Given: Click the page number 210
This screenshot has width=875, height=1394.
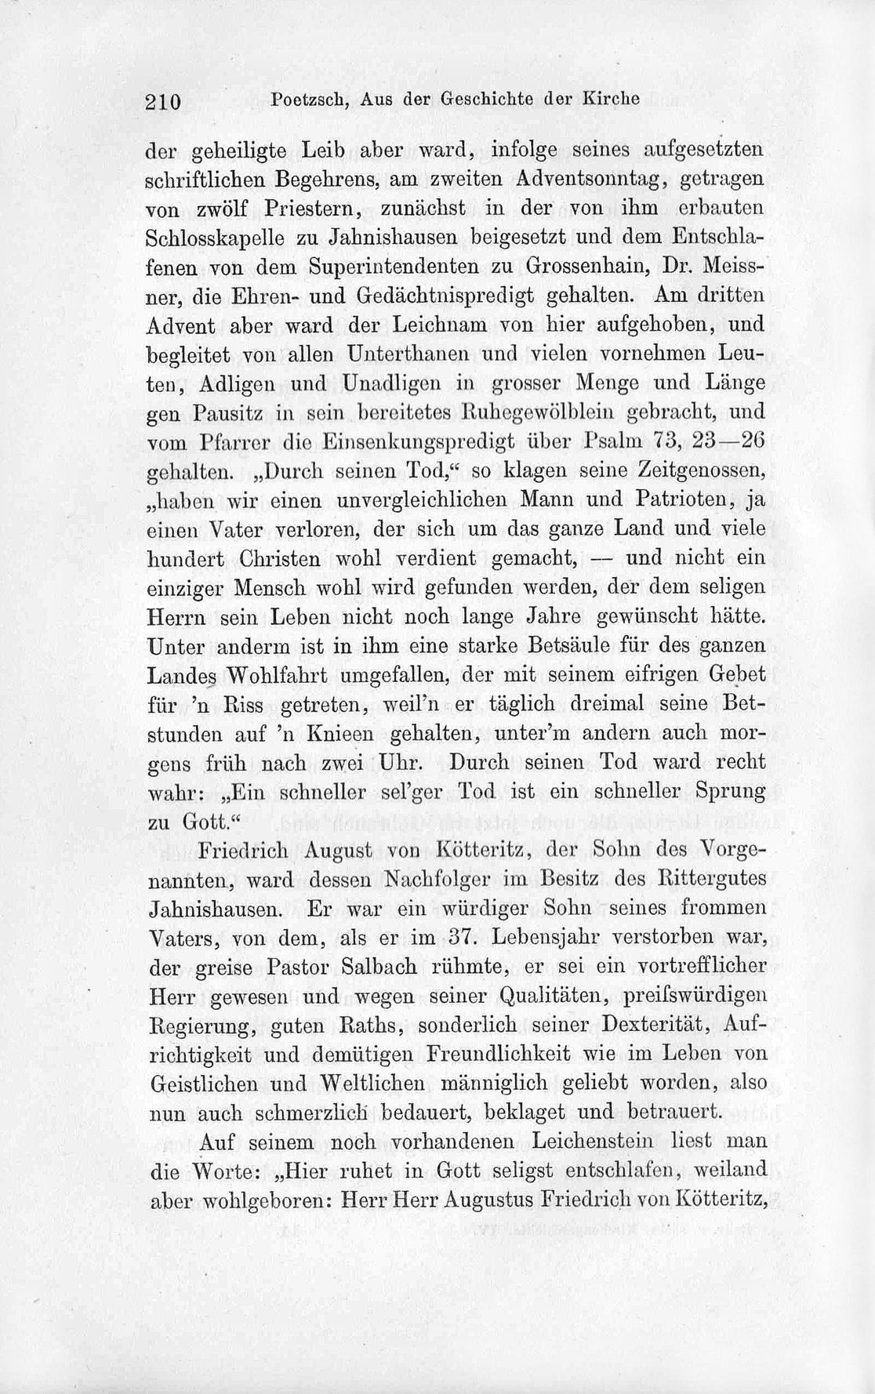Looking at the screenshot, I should click(x=164, y=101).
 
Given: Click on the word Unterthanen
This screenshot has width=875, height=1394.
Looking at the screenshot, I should click(x=409, y=354).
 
